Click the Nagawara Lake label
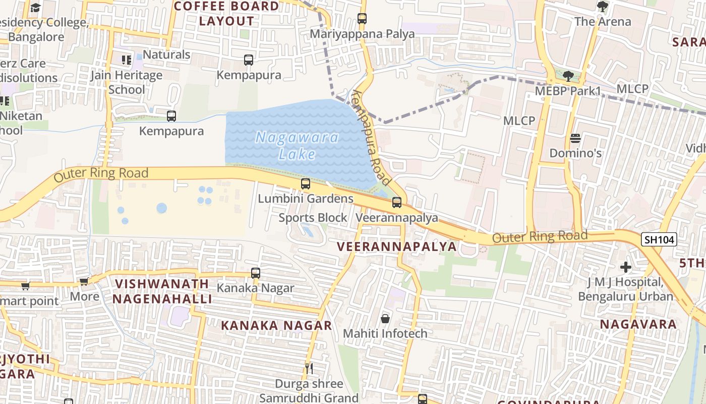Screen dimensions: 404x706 pyautogui.click(x=297, y=145)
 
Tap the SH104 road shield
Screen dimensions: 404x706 pyautogui.click(x=659, y=239)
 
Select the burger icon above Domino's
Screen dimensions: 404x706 pyautogui.click(x=575, y=138)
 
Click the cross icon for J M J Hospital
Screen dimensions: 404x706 pyautogui.click(x=626, y=267)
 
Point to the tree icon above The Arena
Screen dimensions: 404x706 pyautogui.click(x=602, y=7)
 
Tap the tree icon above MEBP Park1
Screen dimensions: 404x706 pyautogui.click(x=568, y=76)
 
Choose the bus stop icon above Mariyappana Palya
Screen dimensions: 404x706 pyautogui.click(x=362, y=19)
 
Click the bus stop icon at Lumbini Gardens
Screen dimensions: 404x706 pyautogui.click(x=306, y=184)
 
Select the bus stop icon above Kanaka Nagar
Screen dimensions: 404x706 pyautogui.click(x=256, y=273)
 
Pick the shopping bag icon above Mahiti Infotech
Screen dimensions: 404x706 pyautogui.click(x=385, y=319)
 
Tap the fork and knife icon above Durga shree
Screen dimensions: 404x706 pyautogui.click(x=309, y=368)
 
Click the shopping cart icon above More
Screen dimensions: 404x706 pyautogui.click(x=84, y=281)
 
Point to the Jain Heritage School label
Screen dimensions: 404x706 pyautogui.click(x=127, y=82)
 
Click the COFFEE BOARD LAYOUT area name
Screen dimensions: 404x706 pyautogui.click(x=226, y=14)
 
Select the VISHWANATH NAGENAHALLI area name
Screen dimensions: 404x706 pyautogui.click(x=162, y=291)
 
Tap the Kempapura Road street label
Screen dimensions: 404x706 pyautogui.click(x=372, y=137)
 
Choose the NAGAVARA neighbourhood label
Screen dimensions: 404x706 pyautogui.click(x=638, y=324)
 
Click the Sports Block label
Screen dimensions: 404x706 pyautogui.click(x=313, y=218)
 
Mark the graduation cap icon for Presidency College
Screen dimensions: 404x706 pyautogui.click(x=35, y=8)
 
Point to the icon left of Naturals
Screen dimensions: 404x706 pyautogui.click(x=127, y=60)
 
